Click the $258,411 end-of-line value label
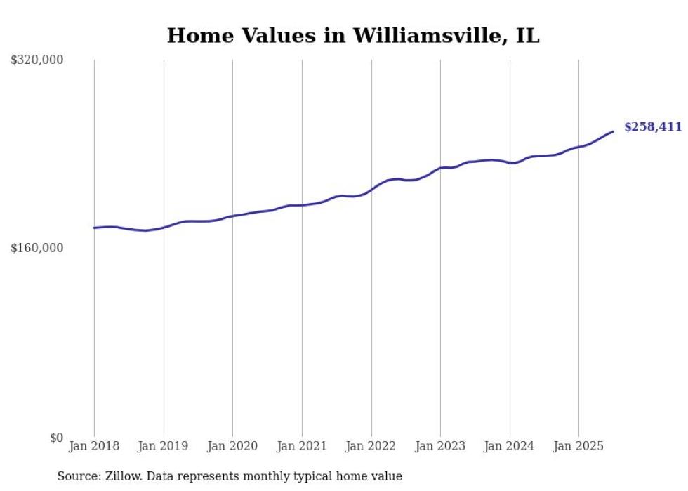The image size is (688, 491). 652,127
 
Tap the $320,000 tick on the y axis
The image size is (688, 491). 37,60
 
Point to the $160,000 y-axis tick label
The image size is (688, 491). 37,248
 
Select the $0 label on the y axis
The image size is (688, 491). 56,438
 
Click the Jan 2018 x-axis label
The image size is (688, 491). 94,446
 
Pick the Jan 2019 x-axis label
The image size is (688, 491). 164,446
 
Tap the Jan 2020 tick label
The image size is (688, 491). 232,446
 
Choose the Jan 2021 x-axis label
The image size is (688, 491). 302,446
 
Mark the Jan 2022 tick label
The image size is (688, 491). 371,446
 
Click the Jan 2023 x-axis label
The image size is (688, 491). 440,446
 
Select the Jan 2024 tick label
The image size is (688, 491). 510,446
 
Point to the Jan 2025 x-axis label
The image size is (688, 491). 578,446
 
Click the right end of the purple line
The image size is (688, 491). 613,131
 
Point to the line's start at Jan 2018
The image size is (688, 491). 94,228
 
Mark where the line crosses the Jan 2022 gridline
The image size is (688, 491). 371,190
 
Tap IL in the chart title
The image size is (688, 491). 527,36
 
